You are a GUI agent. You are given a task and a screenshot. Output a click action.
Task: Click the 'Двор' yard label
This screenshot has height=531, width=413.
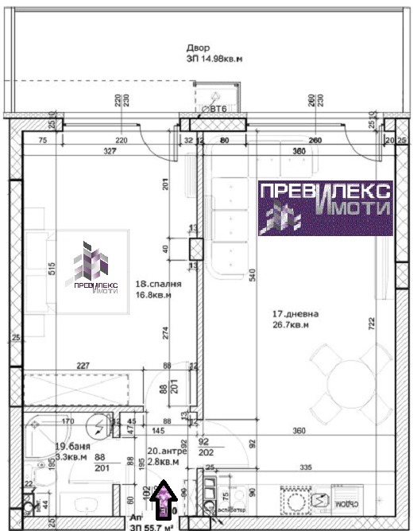(x=198, y=48)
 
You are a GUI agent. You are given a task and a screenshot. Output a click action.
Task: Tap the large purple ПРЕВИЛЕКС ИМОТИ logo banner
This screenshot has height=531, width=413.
(x=325, y=207)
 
